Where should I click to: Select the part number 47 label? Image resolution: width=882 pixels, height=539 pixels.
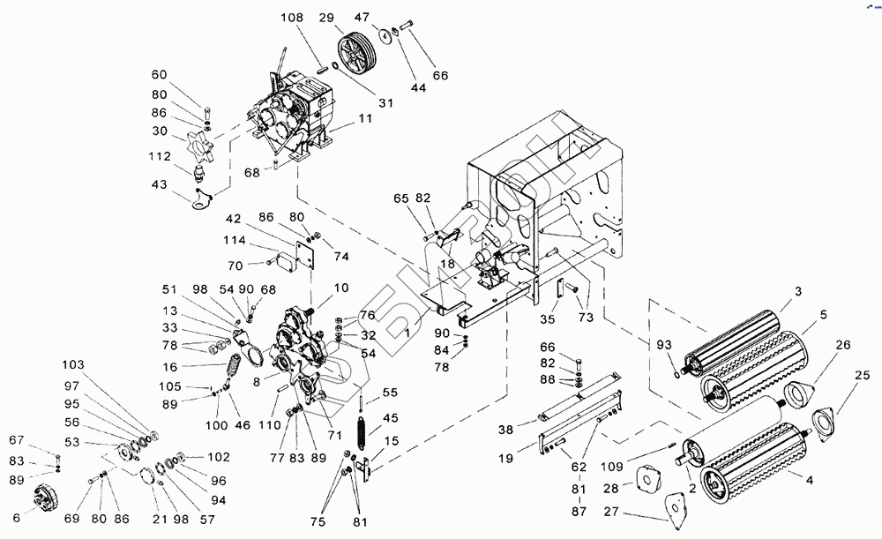pos(386,18)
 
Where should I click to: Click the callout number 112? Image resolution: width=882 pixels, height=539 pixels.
pos(159,158)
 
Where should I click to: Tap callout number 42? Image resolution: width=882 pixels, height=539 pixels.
pos(233,219)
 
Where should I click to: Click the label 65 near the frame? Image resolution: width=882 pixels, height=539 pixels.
pos(402,198)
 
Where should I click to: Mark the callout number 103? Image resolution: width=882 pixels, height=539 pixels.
pos(74,364)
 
